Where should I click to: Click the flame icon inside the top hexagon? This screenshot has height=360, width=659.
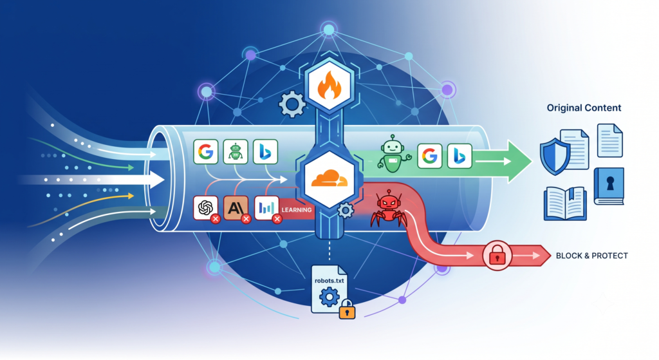point(329,86)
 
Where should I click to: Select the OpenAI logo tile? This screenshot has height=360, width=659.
point(205,208)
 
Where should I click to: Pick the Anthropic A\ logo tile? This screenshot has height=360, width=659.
point(236,208)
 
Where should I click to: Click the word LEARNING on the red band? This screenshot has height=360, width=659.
point(297,210)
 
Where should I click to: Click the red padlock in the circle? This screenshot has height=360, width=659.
point(497,255)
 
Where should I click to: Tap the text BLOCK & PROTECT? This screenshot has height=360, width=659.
point(592,256)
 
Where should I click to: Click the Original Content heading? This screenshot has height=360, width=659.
point(584,108)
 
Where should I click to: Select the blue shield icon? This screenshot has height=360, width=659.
point(555,156)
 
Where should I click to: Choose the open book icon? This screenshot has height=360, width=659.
point(565,204)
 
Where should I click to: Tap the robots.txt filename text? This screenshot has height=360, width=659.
point(329,281)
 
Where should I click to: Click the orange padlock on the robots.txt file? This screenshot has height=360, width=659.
point(347,309)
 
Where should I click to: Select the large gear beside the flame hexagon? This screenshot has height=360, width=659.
point(292,104)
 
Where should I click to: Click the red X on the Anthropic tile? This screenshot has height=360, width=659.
point(246,219)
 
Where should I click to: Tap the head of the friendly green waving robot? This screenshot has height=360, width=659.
point(392,147)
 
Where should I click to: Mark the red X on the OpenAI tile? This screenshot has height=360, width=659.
point(216,219)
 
